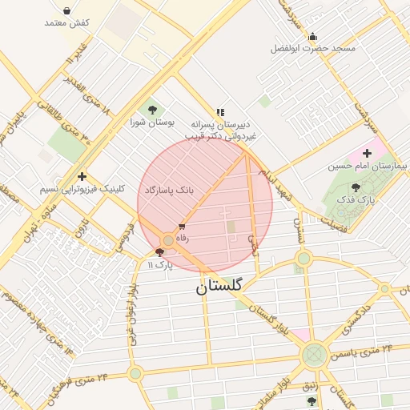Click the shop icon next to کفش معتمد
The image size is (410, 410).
coord(66,12)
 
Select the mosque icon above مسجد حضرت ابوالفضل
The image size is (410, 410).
coord(312,36)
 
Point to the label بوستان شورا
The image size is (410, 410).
coord(152,123)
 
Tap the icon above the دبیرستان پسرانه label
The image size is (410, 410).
coord(220,112)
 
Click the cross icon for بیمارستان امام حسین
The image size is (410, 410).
coord(368,152)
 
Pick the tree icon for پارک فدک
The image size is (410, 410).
coord(356,187)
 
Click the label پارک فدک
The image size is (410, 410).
coord(356,199)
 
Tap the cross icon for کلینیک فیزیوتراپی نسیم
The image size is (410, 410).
coord(82,176)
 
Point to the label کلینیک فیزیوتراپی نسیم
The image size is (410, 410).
coord(83,190)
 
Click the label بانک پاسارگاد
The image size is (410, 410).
coord(169,191)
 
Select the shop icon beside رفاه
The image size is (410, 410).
coord(183,227)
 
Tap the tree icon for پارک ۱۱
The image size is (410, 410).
coord(159,251)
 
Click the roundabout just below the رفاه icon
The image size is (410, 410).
coord(168,239)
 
